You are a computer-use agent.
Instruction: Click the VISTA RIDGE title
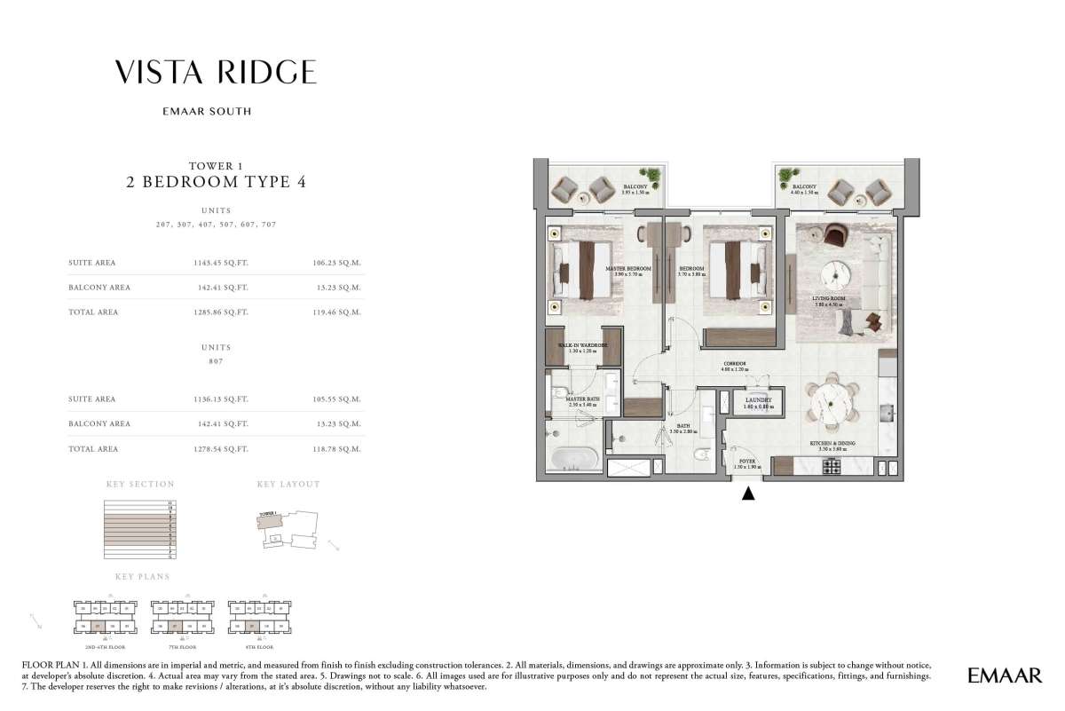click(x=215, y=73)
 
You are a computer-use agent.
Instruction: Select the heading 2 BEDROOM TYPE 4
click(x=215, y=183)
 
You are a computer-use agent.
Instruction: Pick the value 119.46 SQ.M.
click(x=338, y=312)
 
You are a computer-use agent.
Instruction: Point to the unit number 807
click(x=215, y=362)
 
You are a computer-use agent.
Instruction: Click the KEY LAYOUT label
click(x=288, y=485)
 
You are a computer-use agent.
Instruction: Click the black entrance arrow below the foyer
click(x=748, y=494)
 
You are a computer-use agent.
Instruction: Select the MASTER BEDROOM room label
click(x=628, y=268)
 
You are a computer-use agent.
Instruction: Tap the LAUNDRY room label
click(x=759, y=400)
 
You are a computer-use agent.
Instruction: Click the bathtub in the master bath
click(x=572, y=458)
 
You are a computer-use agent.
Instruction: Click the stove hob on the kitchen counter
click(x=833, y=466)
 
